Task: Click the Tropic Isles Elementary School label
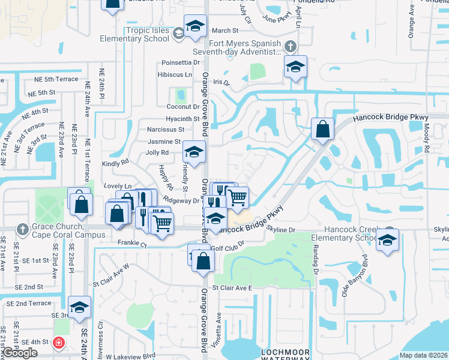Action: pos(139,35)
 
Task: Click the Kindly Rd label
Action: pos(116,162)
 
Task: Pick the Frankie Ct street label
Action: pos(133,245)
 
